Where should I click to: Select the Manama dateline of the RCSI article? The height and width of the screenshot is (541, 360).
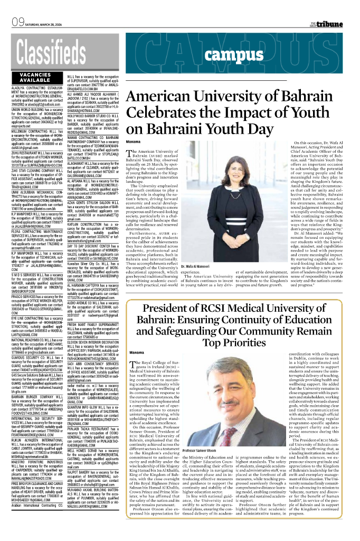pyautogui.click(x=136, y=352)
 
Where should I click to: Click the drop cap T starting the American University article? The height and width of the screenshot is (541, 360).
pyautogui.click(x=131, y=155)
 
